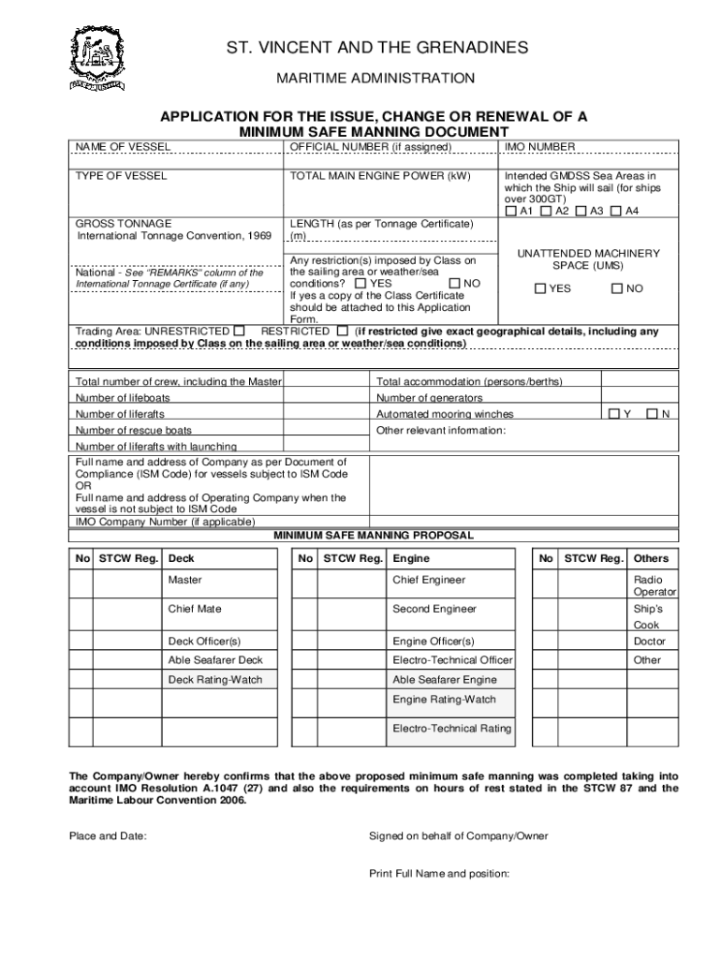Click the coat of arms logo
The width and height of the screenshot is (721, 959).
point(97,57)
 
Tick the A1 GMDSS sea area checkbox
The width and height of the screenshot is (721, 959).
point(510,212)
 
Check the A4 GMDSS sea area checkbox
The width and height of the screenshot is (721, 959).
point(616,212)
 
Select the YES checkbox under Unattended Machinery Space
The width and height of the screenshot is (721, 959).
point(540,288)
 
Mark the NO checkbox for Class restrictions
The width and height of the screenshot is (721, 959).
point(454,283)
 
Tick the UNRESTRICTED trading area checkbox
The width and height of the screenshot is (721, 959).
point(240,331)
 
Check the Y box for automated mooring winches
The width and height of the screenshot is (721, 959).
point(613,414)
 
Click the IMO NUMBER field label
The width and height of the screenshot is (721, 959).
point(540,147)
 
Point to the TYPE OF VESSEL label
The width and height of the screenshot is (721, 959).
point(122,175)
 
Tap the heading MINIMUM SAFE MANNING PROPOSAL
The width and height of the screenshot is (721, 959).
point(373,536)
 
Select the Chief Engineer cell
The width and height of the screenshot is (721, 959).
point(429,580)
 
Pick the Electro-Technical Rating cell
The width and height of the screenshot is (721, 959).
point(451,728)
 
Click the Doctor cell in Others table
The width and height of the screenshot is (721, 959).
point(649,642)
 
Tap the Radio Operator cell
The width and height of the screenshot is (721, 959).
point(653,585)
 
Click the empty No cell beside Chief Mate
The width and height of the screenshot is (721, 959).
point(81,612)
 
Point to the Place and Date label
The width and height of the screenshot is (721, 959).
point(109,836)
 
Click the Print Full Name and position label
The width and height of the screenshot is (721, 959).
point(439,874)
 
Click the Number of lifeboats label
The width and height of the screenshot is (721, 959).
point(123,398)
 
